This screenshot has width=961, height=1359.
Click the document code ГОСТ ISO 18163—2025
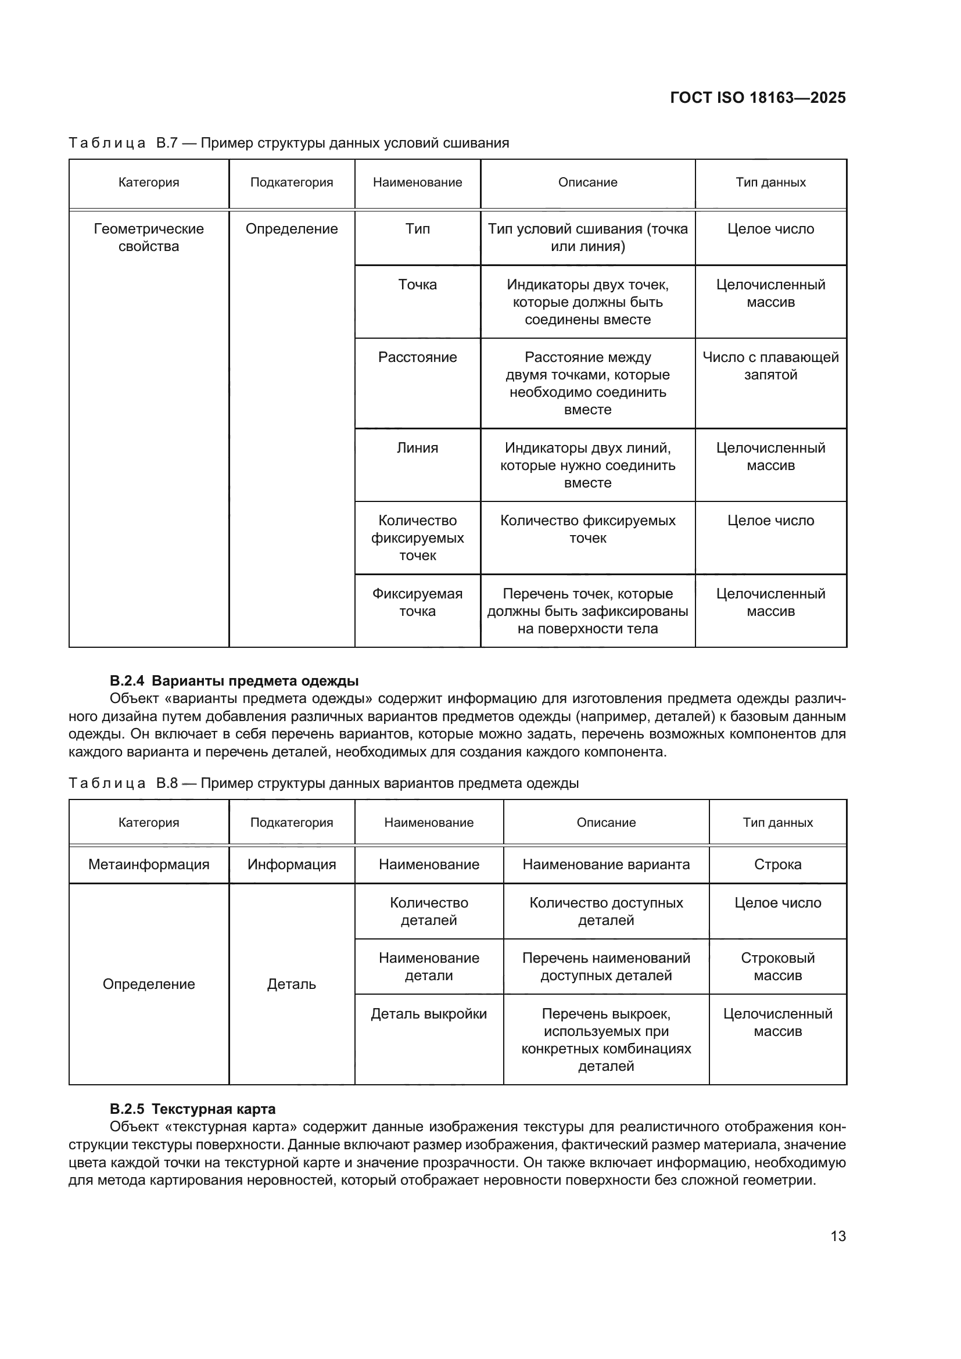pos(758,98)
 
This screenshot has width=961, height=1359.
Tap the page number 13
pos(838,1236)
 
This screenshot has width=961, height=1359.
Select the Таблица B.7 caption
pos(289,143)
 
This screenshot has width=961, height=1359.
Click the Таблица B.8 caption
pos(323,783)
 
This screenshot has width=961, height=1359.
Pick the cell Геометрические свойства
pos(149,238)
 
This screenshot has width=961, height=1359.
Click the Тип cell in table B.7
pos(417,229)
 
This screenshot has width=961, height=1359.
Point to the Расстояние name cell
pos(417,357)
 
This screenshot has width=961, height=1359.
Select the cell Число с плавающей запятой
pos(770,366)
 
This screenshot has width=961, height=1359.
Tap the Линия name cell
pos(417,447)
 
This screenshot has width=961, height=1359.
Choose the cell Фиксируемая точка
pos(417,602)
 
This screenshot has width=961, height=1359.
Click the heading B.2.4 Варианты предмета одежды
pos(234,681)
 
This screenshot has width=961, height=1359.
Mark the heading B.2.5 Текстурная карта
pos(192,1109)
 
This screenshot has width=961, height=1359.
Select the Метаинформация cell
pos(149,864)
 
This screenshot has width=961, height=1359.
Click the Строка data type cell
pos(777,864)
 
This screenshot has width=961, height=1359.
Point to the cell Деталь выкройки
pos(428,1013)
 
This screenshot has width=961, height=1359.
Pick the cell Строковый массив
pos(777,967)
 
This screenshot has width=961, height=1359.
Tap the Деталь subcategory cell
pos(291,984)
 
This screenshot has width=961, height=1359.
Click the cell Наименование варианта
pos(606,864)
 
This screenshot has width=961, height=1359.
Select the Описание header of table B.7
pos(587,182)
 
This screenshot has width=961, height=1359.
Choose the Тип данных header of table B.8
pos(777,822)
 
